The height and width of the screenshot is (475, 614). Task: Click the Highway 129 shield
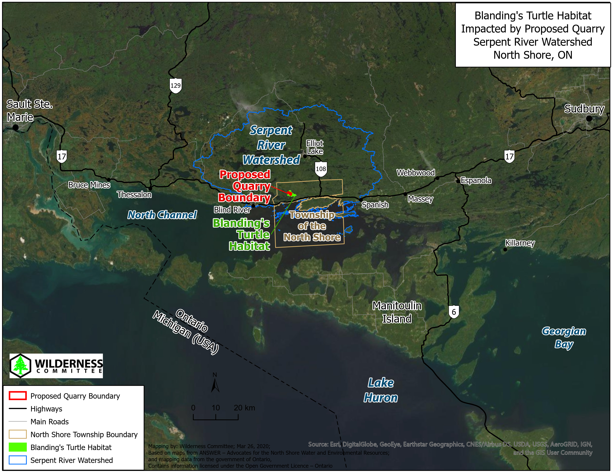[175, 85]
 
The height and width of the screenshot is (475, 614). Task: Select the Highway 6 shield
[454, 312]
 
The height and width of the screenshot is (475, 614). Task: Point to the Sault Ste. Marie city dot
[15, 127]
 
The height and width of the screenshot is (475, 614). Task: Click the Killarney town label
[520, 243]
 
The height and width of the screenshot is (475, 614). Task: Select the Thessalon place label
[134, 194]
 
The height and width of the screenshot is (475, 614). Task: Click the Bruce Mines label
[89, 185]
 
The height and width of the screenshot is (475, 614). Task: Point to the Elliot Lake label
[315, 147]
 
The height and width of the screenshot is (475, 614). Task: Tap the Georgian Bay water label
[564, 337]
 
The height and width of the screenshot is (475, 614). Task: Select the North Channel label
[162, 215]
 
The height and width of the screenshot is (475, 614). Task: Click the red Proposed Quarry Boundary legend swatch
[18, 396]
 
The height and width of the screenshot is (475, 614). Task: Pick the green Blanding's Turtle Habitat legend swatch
[18, 447]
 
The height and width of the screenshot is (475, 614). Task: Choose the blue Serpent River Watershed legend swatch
[18, 460]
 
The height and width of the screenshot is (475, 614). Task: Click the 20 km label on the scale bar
[244, 408]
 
